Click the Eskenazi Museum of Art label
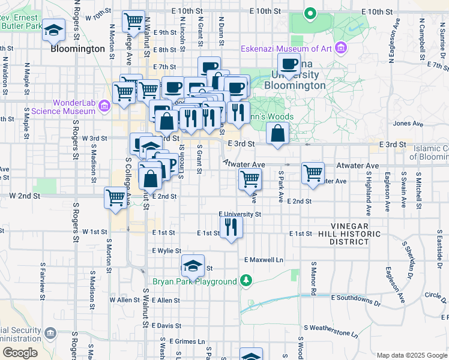pyautogui.click(x=288, y=49)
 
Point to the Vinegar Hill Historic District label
pyautogui.click(x=357, y=237)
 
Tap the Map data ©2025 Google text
pyautogui.click(x=411, y=355)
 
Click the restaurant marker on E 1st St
pyautogui.click(x=232, y=228)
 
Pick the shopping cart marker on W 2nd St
pyautogui.click(x=115, y=197)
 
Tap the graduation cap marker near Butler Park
pyautogui.click(x=54, y=30)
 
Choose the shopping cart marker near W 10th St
pyautogui.click(x=134, y=21)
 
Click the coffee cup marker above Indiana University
pyautogui.click(x=289, y=64)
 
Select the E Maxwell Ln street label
pyautogui.click(x=264, y=260)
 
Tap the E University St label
pyautogui.click(x=240, y=214)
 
